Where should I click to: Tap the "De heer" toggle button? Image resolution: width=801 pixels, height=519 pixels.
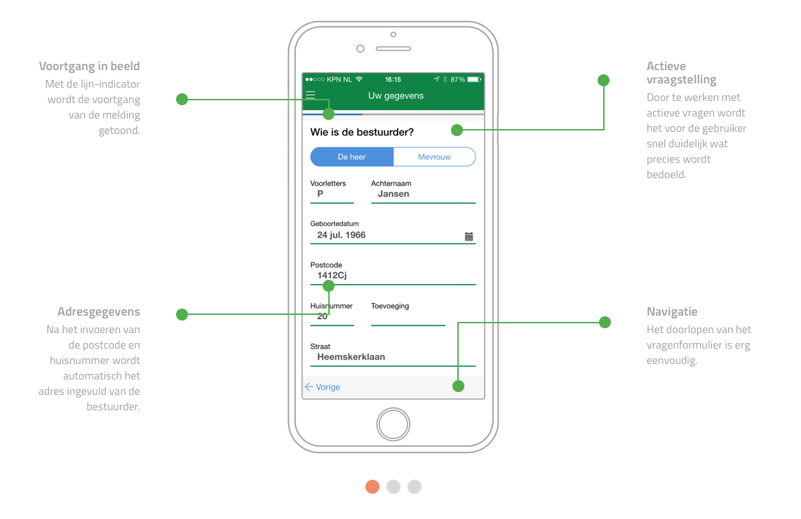(352, 157)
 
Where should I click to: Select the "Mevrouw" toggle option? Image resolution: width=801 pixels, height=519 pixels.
(434, 157)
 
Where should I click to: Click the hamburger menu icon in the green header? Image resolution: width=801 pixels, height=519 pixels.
(310, 95)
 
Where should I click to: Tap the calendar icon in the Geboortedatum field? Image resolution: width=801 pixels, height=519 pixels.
(469, 236)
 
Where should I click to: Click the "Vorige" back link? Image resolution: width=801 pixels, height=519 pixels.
(323, 387)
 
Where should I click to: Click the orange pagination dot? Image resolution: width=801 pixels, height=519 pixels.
(372, 487)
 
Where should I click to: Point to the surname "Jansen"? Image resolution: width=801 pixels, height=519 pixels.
(393, 194)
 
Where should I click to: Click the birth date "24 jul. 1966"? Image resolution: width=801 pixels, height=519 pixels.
(342, 235)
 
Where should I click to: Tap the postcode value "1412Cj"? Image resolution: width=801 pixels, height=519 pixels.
(332, 276)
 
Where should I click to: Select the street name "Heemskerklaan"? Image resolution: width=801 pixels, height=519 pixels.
(351, 357)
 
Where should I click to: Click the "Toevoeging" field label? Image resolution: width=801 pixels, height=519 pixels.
(390, 306)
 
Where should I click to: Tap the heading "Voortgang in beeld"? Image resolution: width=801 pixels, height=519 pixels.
(89, 67)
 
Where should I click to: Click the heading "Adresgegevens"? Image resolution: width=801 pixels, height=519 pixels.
(99, 311)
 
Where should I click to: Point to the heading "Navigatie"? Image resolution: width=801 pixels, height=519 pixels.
(672, 311)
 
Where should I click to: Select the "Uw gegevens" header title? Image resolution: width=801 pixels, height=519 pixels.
(396, 96)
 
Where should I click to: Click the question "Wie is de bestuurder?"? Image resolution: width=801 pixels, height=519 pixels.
(362, 133)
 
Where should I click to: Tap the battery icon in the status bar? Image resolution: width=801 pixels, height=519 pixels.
(475, 79)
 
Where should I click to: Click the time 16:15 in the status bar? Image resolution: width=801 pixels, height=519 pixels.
(393, 79)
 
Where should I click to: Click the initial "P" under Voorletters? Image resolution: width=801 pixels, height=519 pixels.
(321, 194)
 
